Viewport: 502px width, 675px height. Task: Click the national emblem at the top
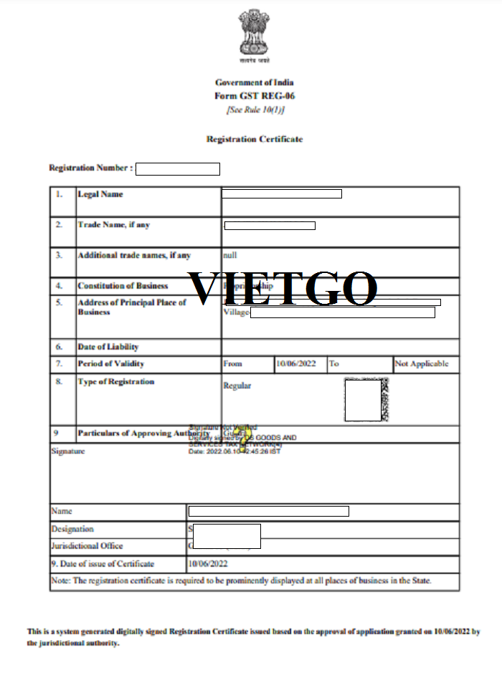point(255,34)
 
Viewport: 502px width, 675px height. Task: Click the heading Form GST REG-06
point(255,96)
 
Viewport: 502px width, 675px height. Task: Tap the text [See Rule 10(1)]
point(255,110)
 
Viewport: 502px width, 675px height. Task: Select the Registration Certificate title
point(255,139)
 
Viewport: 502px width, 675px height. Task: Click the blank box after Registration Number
point(177,169)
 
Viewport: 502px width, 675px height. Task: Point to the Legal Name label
point(100,194)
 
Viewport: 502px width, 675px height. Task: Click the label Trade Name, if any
point(113,225)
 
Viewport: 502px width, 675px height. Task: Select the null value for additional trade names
point(230,255)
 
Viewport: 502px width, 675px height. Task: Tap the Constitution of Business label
point(123,286)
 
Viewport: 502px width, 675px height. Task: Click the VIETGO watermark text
point(282,288)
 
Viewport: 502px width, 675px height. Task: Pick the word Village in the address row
point(236,313)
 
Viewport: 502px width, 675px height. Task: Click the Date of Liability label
point(108,348)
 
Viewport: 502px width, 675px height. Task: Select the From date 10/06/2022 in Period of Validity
point(296,364)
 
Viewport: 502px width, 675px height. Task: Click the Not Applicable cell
point(422,364)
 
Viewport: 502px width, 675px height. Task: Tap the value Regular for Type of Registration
point(237,386)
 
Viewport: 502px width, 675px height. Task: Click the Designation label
point(72,530)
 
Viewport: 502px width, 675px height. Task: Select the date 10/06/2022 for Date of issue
point(209,564)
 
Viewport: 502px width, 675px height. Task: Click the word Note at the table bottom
point(61,580)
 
